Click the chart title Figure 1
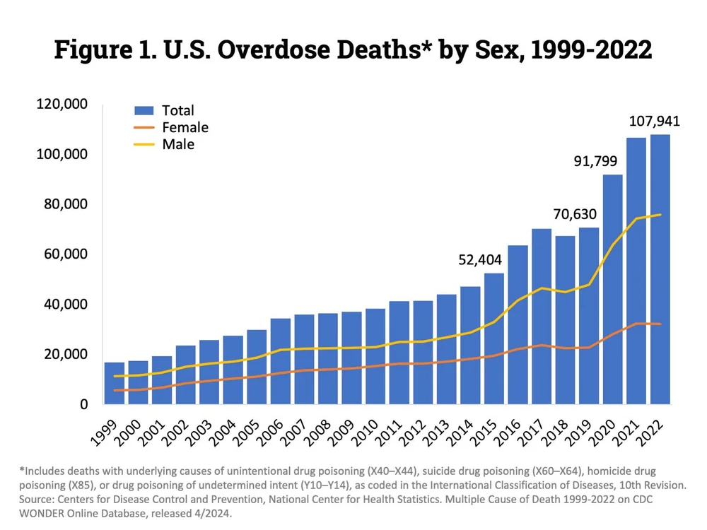353,51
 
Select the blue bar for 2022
660,269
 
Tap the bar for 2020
612,289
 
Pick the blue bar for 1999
115,383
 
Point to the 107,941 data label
655,122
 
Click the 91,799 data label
596,161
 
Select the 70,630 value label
575,214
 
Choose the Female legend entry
185,127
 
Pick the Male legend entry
177,144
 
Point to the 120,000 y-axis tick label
61,105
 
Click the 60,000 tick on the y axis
65,254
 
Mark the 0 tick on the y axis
83,404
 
